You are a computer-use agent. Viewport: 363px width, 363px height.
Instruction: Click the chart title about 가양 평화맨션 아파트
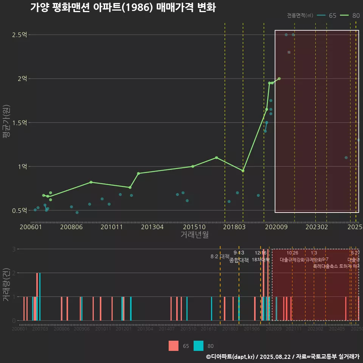point(123,8)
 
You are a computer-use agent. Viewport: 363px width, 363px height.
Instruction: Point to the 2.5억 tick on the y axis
point(20,35)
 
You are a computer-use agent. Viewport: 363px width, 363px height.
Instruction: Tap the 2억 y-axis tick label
point(22,79)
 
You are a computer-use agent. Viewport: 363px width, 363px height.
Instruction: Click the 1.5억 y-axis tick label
point(20,123)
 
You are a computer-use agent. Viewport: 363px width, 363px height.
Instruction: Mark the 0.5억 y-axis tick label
point(20,210)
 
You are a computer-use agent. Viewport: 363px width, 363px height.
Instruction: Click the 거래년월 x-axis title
point(194,234)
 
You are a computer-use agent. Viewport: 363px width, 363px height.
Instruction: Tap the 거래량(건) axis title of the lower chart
point(6,284)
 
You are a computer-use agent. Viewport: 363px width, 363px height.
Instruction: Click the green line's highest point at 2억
point(279,79)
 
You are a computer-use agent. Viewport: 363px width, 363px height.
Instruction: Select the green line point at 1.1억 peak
point(216,157)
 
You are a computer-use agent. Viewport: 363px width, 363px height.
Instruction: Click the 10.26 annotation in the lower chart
point(292,253)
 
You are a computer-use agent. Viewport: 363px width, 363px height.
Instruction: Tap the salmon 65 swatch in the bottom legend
point(174,346)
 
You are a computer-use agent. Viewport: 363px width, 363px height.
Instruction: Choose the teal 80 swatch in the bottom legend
point(199,346)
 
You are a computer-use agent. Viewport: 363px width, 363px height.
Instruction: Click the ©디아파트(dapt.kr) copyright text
point(231,357)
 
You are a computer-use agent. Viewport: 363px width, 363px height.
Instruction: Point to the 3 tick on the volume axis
point(14,249)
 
